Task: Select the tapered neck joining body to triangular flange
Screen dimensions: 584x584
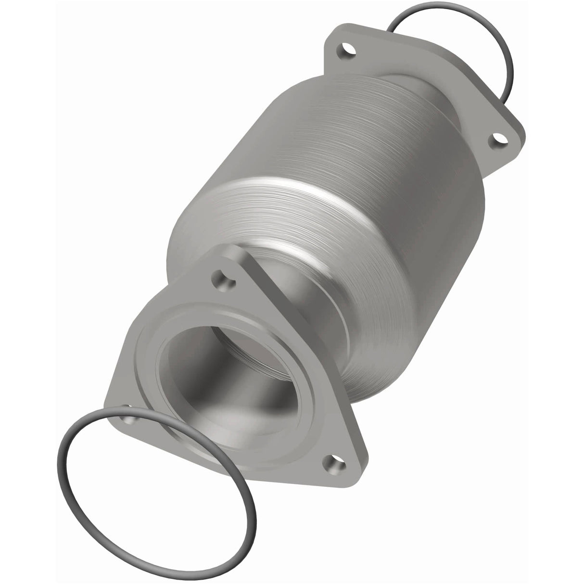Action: (317, 298)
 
